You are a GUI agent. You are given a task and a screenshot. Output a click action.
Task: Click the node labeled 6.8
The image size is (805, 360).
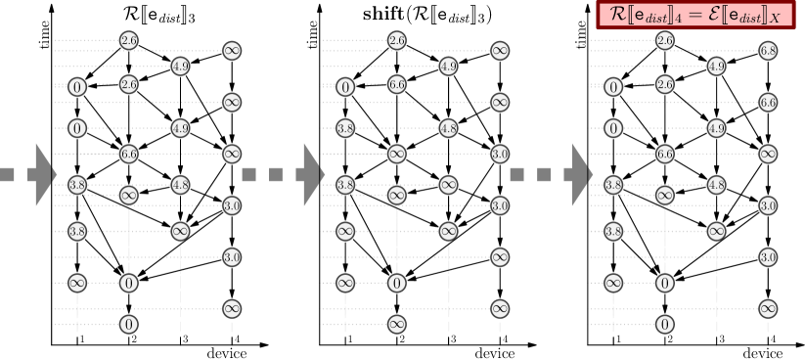pyautogui.click(x=768, y=50)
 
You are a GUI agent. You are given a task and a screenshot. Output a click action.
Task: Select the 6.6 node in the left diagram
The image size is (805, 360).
pyautogui.click(x=128, y=153)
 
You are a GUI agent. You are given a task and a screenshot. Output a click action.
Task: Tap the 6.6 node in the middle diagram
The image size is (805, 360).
pyautogui.click(x=397, y=85)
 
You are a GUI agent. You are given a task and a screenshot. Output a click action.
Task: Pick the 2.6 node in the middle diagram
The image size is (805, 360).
pyautogui.click(x=397, y=40)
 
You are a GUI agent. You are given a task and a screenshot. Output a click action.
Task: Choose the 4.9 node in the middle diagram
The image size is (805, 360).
pyautogui.click(x=448, y=67)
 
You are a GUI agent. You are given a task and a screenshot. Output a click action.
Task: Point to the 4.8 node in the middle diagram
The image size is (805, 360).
pyautogui.click(x=448, y=127)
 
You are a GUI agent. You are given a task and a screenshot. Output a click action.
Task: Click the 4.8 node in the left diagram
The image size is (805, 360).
pyautogui.click(x=180, y=184)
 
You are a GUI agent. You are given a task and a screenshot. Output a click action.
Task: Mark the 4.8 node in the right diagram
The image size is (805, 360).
pyautogui.click(x=716, y=184)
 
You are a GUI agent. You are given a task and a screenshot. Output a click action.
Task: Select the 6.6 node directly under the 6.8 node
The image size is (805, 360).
pyautogui.click(x=768, y=102)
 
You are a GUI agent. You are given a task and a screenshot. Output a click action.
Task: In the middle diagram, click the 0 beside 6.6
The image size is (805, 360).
pyautogui.click(x=345, y=87)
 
